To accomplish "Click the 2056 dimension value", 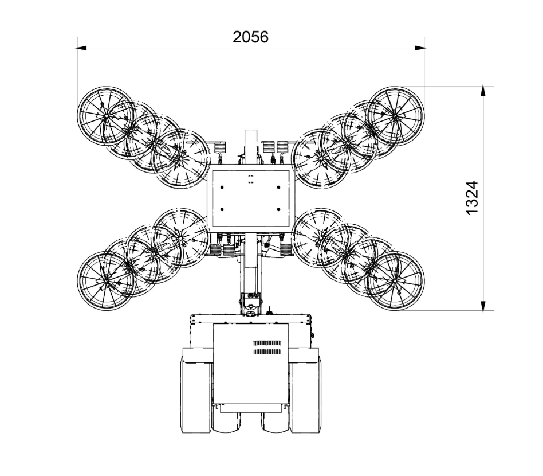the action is tap(250, 37).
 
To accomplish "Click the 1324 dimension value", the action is tap(472, 198).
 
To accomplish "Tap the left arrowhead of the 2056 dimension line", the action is tap(82, 48).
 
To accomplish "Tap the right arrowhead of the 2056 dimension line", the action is tap(420, 48).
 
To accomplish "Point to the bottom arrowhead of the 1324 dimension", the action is tap(483, 306).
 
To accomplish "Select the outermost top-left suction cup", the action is tap(106, 115).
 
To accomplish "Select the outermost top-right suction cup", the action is tap(395, 116).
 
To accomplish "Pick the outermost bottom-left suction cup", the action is tap(106, 281).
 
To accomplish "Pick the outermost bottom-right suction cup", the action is tap(395, 281).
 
